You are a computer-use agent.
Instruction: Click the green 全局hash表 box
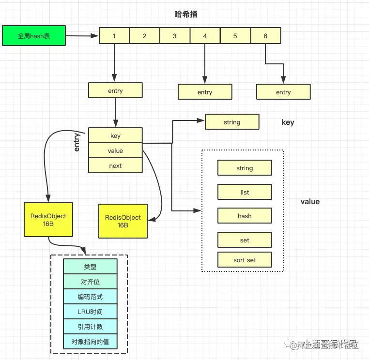point(34,36)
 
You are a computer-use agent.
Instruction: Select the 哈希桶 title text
point(186,15)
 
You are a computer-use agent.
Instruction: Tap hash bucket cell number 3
point(174,36)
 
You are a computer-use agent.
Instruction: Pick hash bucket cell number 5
point(235,36)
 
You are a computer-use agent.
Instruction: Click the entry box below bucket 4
point(205,92)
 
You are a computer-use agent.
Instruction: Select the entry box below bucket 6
point(283,92)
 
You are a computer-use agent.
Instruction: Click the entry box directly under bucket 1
point(115,90)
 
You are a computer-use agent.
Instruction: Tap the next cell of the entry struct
point(115,165)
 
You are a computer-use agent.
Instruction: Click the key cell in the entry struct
point(115,136)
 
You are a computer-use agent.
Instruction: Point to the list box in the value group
point(245,192)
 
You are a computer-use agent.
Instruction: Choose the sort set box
point(245,260)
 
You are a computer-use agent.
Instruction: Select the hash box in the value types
point(245,216)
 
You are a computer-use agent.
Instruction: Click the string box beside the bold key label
point(232,122)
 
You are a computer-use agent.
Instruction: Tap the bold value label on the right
point(310,201)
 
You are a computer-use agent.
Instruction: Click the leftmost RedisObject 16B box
point(48,220)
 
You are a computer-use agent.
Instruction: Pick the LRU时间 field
point(90,312)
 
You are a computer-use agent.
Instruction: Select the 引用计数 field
point(90,327)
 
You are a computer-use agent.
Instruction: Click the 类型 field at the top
point(90,267)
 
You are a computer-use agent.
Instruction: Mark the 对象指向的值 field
point(90,342)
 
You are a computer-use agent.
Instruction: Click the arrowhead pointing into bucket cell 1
point(95,36)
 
